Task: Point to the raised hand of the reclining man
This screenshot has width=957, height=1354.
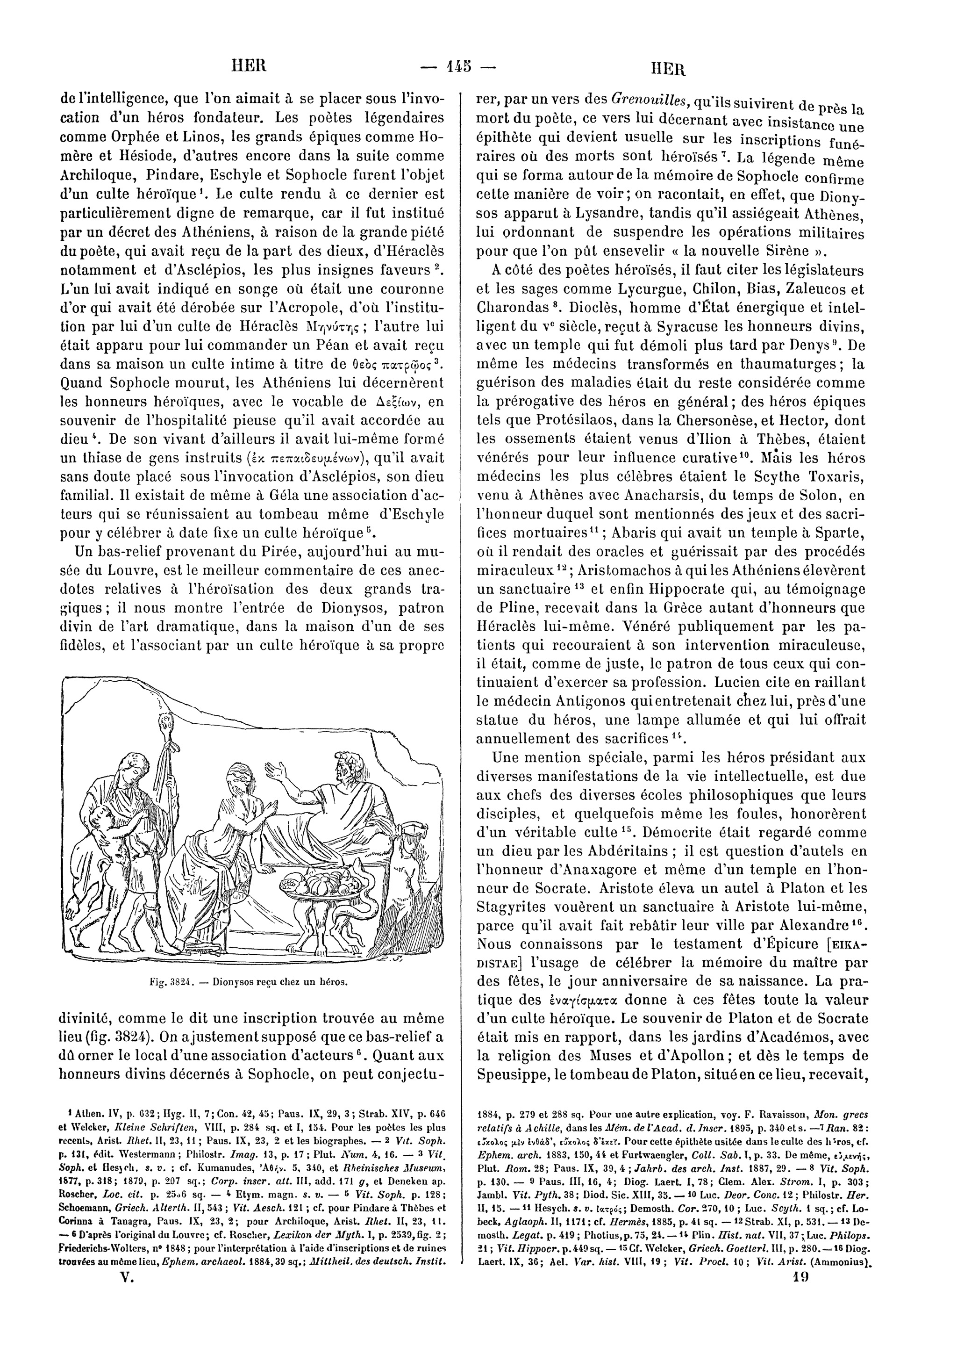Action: (x=279, y=770)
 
